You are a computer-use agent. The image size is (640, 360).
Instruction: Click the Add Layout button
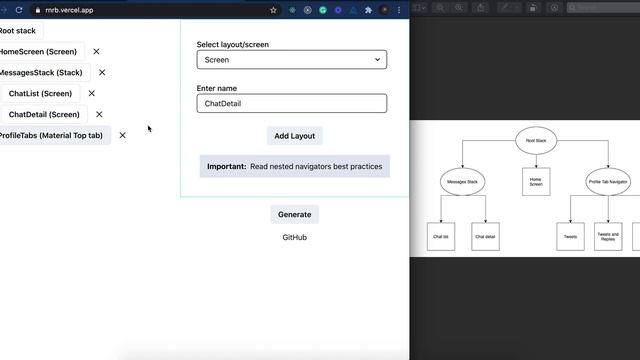pyautogui.click(x=294, y=136)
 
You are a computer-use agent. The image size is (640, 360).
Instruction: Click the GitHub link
pyautogui.click(x=294, y=237)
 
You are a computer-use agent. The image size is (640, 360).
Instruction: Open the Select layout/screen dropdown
pyautogui.click(x=291, y=60)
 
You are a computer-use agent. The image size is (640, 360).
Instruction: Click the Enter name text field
pyautogui.click(x=291, y=103)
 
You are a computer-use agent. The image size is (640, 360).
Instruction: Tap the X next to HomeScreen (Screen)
pyautogui.click(x=97, y=51)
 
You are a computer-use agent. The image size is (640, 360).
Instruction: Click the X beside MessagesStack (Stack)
pyautogui.click(x=102, y=72)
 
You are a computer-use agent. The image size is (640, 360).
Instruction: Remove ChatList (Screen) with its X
pyautogui.click(x=92, y=93)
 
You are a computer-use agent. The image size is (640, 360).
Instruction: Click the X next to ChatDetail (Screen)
pyautogui.click(x=99, y=114)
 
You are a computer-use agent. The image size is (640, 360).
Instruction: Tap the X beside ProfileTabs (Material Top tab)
pyautogui.click(x=123, y=135)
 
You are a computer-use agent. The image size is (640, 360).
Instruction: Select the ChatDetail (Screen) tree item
pyautogui.click(x=44, y=114)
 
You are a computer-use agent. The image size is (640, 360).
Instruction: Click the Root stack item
pyautogui.click(x=18, y=31)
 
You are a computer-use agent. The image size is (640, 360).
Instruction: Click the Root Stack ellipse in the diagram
pyautogui.click(x=536, y=141)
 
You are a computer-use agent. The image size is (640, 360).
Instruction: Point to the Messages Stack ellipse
pyautogui.click(x=462, y=182)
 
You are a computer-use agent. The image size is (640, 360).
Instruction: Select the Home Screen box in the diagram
pyautogui.click(x=536, y=181)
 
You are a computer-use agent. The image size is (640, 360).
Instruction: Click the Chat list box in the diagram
pyautogui.click(x=440, y=237)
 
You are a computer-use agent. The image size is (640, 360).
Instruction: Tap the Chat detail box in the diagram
pyautogui.click(x=485, y=237)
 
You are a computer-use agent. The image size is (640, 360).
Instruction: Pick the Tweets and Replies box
pyautogui.click(x=608, y=237)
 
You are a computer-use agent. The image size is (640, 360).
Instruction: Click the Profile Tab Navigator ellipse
pyautogui.click(x=608, y=182)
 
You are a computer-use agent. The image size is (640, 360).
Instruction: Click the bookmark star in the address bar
pyautogui.click(x=273, y=10)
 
